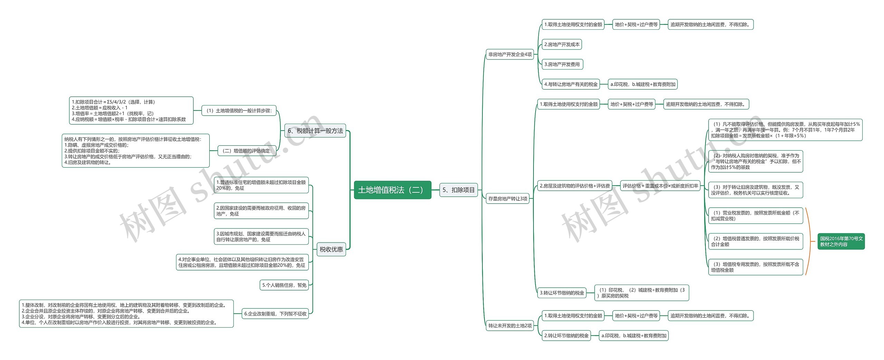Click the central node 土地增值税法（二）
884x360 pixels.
pyautogui.click(x=393, y=190)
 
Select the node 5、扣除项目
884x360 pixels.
pyautogui.click(x=459, y=190)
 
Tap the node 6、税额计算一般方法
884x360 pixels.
pyautogui.click(x=315, y=131)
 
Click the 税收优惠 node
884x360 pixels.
pyautogui.click(x=331, y=249)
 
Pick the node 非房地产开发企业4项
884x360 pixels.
pyautogui.click(x=510, y=55)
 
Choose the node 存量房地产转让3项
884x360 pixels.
pyautogui.click(x=508, y=199)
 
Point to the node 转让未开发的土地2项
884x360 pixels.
pyautogui.click(x=510, y=326)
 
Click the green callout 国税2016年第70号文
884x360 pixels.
pyautogui.click(x=841, y=241)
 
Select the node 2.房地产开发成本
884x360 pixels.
pyautogui.click(x=562, y=45)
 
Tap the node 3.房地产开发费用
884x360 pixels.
pyautogui.click(x=562, y=64)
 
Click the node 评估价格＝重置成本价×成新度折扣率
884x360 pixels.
pyautogui.click(x=660, y=186)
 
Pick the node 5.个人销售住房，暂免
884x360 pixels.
pyautogui.click(x=284, y=285)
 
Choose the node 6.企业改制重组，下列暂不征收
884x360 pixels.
pyautogui.click(x=275, y=314)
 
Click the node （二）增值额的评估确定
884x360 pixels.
pyautogui.click(x=247, y=151)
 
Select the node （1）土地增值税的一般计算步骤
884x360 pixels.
pyautogui.click(x=239, y=111)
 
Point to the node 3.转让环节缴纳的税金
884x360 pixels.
pyautogui.click(x=562, y=293)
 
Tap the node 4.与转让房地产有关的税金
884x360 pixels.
pyautogui.click(x=571, y=84)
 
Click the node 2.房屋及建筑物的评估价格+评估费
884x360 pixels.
pyautogui.click(x=575, y=186)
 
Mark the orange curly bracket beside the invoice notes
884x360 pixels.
pyautogui.click(x=809, y=241)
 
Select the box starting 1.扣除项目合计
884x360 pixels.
pyautogui.click(x=131, y=111)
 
